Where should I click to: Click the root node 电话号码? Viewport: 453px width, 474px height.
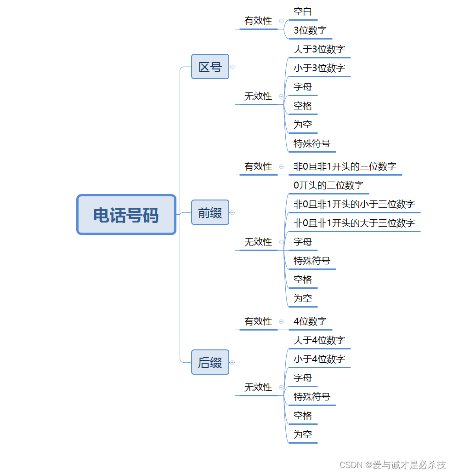click(126, 215)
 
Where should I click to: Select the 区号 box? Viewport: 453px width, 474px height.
click(210, 67)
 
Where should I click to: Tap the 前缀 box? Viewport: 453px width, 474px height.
click(210, 212)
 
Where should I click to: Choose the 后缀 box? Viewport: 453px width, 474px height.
click(210, 362)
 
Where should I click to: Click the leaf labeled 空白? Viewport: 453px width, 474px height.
click(303, 11)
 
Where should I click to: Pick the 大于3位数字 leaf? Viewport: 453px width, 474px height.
click(319, 49)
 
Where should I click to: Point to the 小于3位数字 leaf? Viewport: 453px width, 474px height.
click(319, 68)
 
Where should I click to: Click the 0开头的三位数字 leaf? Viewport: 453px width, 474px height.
click(328, 185)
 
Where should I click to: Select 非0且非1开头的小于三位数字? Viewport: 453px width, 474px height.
click(354, 204)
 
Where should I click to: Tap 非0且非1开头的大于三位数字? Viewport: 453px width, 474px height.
click(354, 223)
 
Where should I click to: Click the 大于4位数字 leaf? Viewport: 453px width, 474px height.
click(319, 340)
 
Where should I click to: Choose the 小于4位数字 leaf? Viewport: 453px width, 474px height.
click(319, 359)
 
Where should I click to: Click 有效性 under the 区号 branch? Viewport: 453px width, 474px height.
click(258, 21)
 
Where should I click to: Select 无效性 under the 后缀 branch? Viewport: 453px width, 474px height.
click(258, 387)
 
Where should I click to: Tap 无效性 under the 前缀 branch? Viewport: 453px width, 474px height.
click(258, 242)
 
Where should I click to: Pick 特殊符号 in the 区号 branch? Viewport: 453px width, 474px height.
click(312, 143)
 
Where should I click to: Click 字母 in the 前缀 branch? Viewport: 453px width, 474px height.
click(303, 242)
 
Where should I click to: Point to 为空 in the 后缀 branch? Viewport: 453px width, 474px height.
click(303, 434)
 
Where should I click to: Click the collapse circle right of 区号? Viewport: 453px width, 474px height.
click(232, 67)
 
